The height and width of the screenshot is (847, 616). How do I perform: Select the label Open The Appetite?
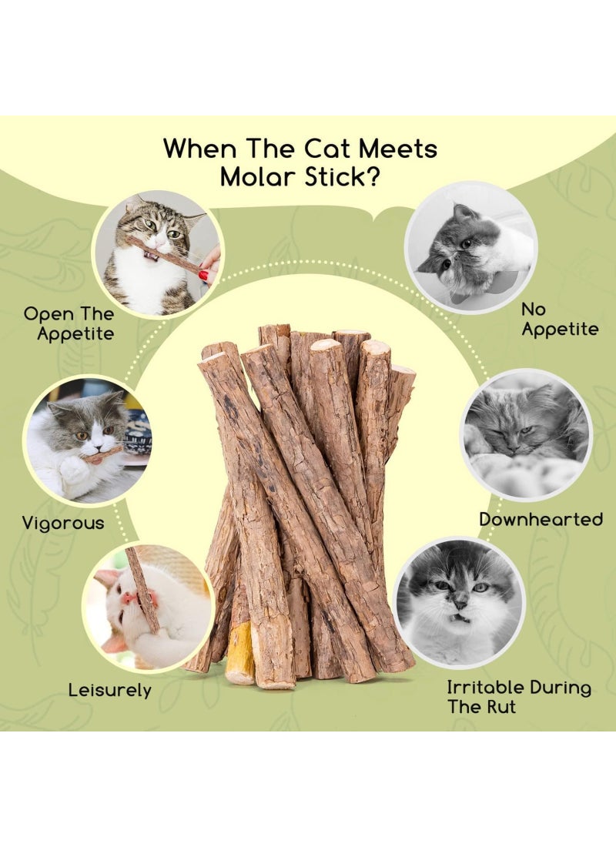click(69, 323)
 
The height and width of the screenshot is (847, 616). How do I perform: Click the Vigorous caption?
click(63, 524)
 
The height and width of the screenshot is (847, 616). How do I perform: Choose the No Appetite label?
click(560, 319)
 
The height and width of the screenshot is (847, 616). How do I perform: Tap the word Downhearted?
click(541, 519)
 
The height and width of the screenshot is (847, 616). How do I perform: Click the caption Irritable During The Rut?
click(519, 696)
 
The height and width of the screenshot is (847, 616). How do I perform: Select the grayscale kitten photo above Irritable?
click(459, 602)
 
